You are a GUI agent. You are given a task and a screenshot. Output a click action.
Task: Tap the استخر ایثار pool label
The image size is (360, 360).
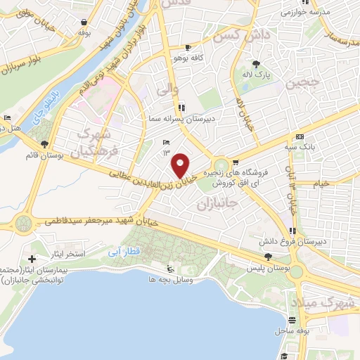(x=69, y=252)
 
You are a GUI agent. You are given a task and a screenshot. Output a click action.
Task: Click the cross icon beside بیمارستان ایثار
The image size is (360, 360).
(x=32, y=259)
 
